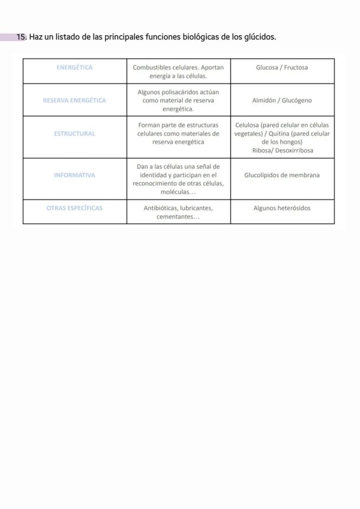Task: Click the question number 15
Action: pyautogui.click(x=22, y=37)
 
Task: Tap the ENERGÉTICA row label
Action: pyautogui.click(x=75, y=67)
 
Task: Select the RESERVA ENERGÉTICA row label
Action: pyautogui.click(x=75, y=100)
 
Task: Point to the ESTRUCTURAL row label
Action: pyautogui.click(x=75, y=134)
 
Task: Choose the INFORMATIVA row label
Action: pyautogui.click(x=75, y=175)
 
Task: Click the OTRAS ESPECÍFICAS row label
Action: pyautogui.click(x=75, y=208)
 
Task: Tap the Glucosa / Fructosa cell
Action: pyautogui.click(x=282, y=67)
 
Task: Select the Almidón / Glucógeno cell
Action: pyautogui.click(x=282, y=100)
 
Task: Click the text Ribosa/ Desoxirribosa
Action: pyautogui.click(x=282, y=151)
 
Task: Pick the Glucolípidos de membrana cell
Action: pyautogui.click(x=282, y=175)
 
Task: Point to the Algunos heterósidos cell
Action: pyautogui.click(x=282, y=208)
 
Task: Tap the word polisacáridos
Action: pyautogui.click(x=178, y=92)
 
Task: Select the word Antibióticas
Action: pyautogui.click(x=160, y=208)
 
